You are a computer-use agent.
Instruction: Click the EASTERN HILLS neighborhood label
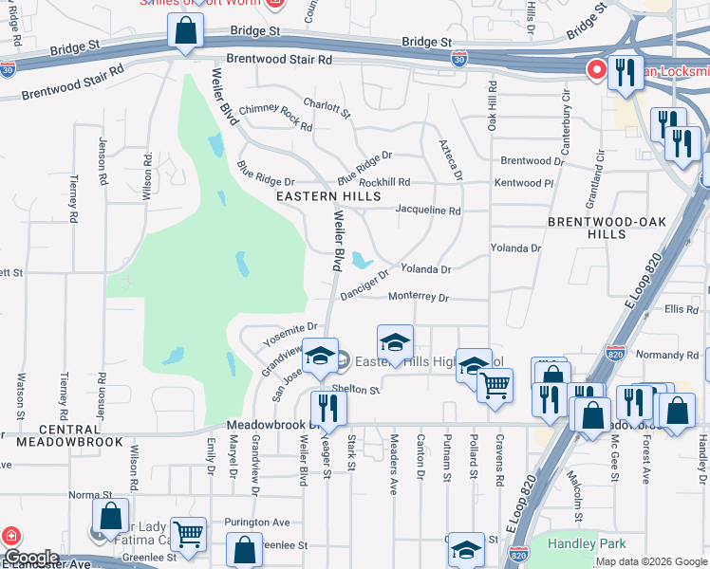pos(327,196)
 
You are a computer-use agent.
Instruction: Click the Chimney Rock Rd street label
pos(275,116)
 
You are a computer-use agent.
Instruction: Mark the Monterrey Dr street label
pos(418,297)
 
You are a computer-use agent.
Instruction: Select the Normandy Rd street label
pos(667,355)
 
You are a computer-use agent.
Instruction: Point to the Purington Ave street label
pos(256,523)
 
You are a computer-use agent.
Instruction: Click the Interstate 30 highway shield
pos(459,59)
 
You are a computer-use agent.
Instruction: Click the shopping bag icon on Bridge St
pos(185,30)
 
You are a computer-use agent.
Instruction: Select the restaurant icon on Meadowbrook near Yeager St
pos(328,408)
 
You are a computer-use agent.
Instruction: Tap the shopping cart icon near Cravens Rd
pos(495,385)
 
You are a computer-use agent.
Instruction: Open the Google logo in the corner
pos(30,558)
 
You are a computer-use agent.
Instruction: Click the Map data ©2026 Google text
pos(650,561)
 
